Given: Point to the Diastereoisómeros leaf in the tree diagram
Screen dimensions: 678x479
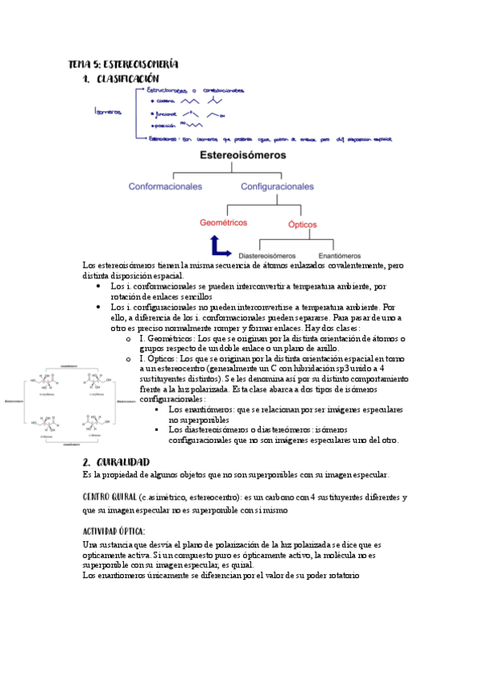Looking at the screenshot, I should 267,255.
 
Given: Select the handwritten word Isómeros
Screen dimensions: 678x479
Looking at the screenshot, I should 107,112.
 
